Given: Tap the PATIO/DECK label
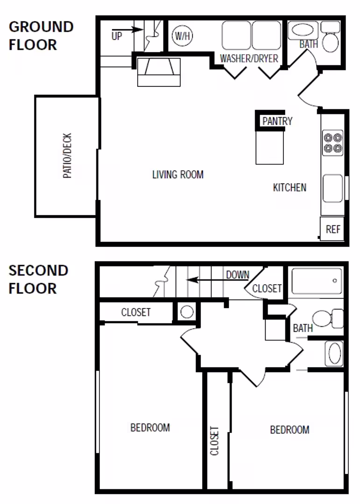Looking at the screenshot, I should tap(68, 156).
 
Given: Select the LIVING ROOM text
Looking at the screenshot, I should tap(178, 175).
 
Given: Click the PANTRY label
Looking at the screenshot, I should tap(277, 121).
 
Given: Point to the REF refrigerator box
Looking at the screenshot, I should tap(333, 229).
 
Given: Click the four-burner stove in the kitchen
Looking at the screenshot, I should tap(333, 143).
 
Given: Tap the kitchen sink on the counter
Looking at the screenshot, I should tap(333, 188).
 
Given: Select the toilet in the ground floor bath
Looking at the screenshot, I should tap(331, 39).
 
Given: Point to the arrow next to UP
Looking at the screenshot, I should tap(133, 29).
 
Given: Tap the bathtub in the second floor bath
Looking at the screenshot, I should tap(316, 281).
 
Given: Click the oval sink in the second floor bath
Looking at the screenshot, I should tap(334, 354).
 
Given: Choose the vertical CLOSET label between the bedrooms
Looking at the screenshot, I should tap(214, 441).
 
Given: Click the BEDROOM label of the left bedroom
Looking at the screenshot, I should tap(150, 427).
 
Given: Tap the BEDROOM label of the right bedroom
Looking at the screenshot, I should tap(289, 429).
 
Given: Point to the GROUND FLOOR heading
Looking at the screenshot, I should tap(41, 35).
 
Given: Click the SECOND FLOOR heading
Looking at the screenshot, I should tap(38, 279).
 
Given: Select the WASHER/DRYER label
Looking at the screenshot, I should tap(249, 59).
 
